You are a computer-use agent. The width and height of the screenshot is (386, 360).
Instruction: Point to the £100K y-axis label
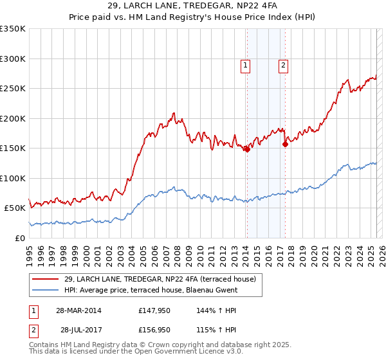tap(13, 178)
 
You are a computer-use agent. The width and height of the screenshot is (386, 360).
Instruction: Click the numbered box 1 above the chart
tap(246, 64)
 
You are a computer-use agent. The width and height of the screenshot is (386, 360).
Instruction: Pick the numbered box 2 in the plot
tap(283, 64)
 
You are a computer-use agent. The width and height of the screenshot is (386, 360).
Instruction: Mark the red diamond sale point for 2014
tap(247, 149)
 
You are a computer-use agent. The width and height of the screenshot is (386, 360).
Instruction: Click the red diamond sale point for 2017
tap(285, 144)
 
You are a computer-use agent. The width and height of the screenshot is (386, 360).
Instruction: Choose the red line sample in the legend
tap(46, 279)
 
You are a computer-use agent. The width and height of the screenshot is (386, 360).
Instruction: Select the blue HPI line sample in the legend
tap(46, 290)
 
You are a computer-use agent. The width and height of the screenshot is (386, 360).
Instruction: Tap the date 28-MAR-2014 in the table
tap(78, 310)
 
